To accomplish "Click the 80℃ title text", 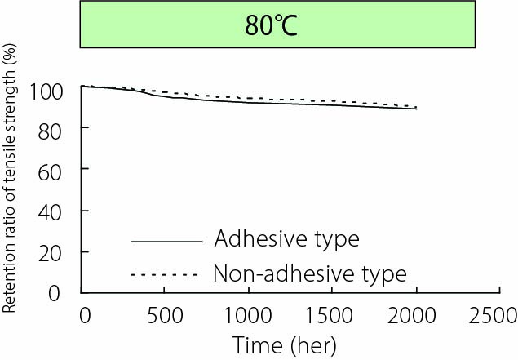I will [272, 26].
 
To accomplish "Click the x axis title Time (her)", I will [284, 345].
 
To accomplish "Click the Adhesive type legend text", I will [286, 240].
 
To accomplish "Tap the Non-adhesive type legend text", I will [309, 273].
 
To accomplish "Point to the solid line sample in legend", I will [165, 242].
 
